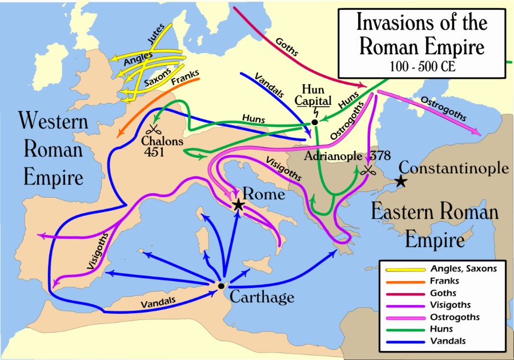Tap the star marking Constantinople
click(x=401, y=181)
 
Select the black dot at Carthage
click(x=220, y=286)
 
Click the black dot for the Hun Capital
click(x=315, y=122)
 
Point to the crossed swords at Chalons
click(x=154, y=130)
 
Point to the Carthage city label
click(x=262, y=297)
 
